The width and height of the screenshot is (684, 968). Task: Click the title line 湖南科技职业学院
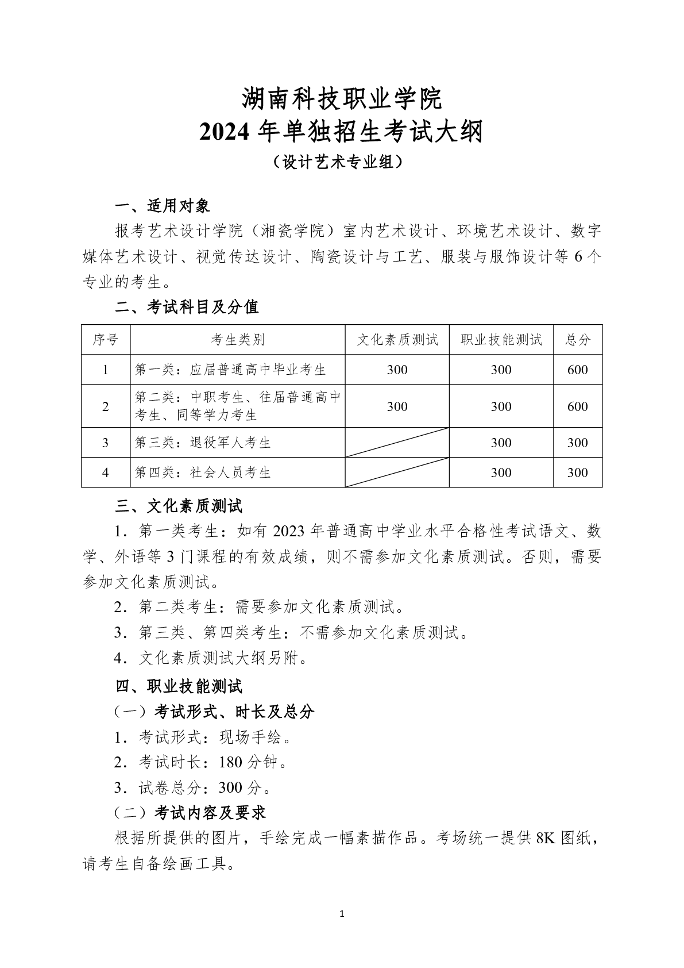[342, 99]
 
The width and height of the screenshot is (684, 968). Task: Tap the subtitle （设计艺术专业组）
[342, 163]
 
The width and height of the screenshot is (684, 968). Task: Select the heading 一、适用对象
[163, 206]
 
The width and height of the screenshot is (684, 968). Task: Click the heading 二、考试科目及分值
[187, 307]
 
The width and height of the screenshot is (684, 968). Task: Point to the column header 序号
[106, 340]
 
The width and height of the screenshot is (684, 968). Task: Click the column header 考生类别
[237, 340]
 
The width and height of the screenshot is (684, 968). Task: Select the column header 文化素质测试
[397, 340]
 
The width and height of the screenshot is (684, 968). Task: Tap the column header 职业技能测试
[501, 340]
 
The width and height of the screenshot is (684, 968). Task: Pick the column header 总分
[577, 340]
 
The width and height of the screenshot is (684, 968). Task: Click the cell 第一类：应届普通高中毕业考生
[230, 370]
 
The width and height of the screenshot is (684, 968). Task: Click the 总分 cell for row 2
[577, 406]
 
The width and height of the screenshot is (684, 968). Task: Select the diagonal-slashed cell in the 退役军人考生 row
[397, 443]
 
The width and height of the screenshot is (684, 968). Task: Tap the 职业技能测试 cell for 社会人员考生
[501, 473]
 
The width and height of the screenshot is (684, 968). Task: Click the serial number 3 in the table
[106, 443]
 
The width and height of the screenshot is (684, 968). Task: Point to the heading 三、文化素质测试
[179, 506]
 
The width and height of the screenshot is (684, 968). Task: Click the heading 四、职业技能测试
[179, 686]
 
